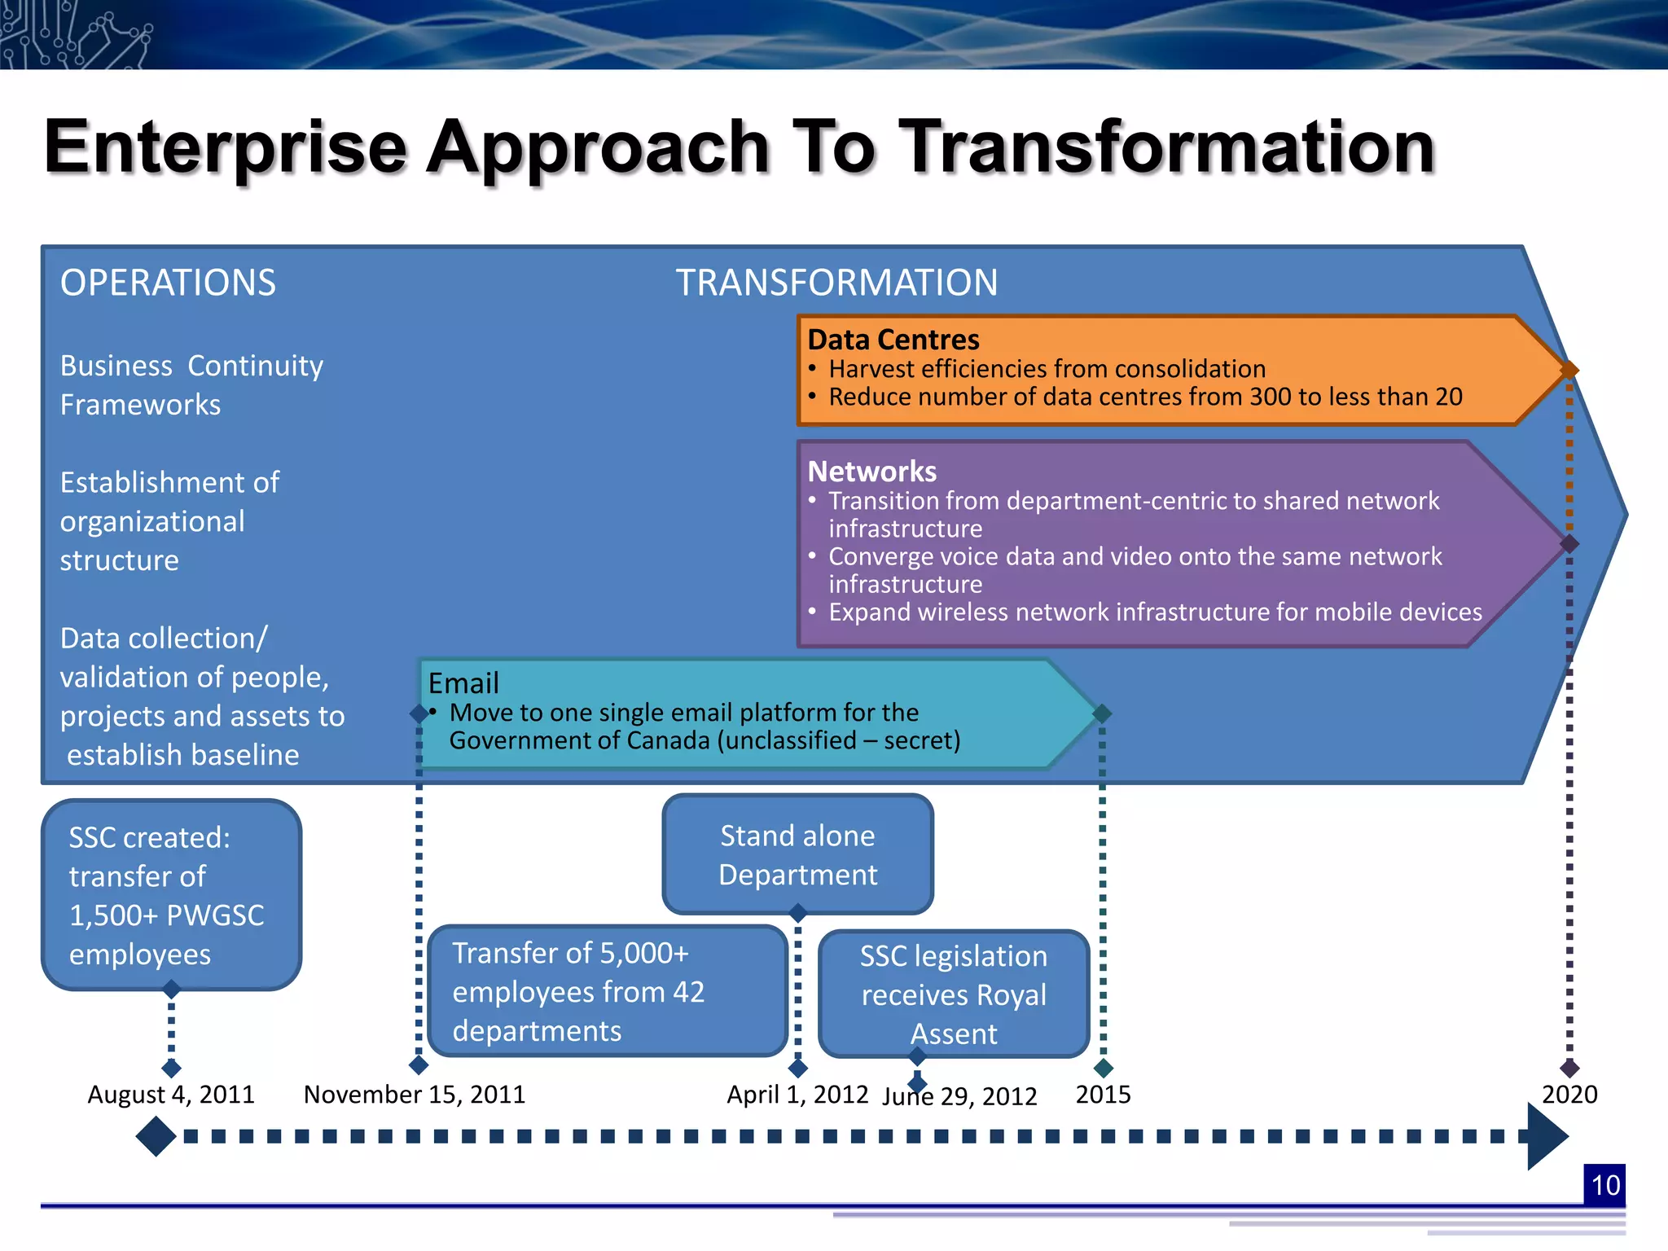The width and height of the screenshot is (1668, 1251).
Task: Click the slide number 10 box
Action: coord(1604,1185)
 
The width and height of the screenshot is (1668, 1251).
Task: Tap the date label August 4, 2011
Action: coord(171,1095)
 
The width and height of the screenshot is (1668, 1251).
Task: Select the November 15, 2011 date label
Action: coord(415,1095)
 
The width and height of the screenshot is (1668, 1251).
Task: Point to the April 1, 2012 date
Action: coord(797,1095)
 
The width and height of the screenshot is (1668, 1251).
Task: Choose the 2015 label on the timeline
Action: coord(1103,1095)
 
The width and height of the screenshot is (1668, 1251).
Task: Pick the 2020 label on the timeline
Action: coord(1569,1095)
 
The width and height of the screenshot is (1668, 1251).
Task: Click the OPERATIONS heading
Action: coord(168,283)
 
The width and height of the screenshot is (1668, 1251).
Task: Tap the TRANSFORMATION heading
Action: coord(836,283)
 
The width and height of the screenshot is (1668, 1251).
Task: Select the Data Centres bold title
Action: coord(893,340)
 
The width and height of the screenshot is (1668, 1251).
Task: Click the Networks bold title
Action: coord(871,472)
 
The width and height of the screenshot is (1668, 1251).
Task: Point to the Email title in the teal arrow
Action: coord(463,683)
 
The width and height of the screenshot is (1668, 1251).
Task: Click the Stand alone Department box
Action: coord(797,854)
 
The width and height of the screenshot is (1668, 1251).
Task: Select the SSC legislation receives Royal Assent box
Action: coord(954,994)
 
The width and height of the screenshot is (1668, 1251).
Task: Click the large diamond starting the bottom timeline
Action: coord(156,1136)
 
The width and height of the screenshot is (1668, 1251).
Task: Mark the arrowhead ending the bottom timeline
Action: coord(1545,1136)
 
